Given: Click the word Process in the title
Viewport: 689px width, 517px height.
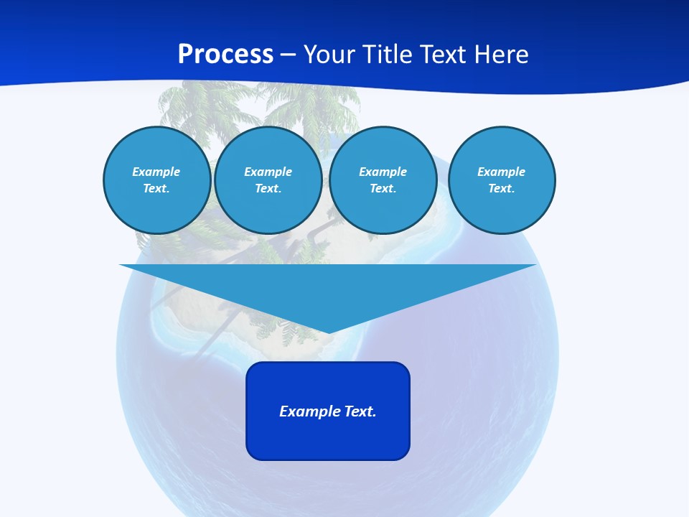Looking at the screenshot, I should pyautogui.click(x=225, y=55).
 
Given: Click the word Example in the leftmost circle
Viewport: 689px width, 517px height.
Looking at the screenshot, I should pyautogui.click(x=156, y=172).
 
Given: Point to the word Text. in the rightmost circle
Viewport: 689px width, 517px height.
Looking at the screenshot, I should pyautogui.click(x=501, y=188).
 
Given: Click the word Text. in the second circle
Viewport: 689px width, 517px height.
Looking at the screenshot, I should pyautogui.click(x=268, y=188).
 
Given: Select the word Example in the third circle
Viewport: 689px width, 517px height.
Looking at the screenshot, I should pyautogui.click(x=383, y=172).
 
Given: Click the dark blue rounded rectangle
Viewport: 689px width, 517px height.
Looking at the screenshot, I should pyautogui.click(x=328, y=438).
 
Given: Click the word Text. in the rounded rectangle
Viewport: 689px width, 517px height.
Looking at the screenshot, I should pyautogui.click(x=360, y=411).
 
